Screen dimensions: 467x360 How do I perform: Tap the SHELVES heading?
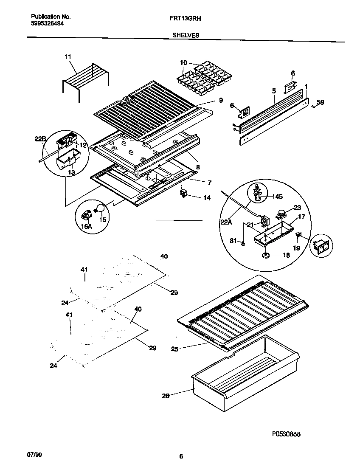click(x=186, y=36)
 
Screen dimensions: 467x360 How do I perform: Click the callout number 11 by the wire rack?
click(x=68, y=57)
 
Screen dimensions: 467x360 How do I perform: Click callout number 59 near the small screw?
click(x=320, y=102)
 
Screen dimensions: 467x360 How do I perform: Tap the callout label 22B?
click(x=40, y=139)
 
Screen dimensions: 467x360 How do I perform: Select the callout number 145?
click(x=277, y=196)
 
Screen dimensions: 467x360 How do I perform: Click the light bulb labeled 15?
click(x=101, y=208)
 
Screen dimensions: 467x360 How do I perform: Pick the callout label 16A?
click(x=86, y=227)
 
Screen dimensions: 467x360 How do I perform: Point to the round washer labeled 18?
click(x=266, y=255)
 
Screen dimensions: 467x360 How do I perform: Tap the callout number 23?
click(x=297, y=208)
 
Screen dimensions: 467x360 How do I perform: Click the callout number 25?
click(x=175, y=349)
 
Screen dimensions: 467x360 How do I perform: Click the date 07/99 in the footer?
click(x=35, y=455)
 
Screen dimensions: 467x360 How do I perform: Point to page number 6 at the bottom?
click(x=181, y=457)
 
